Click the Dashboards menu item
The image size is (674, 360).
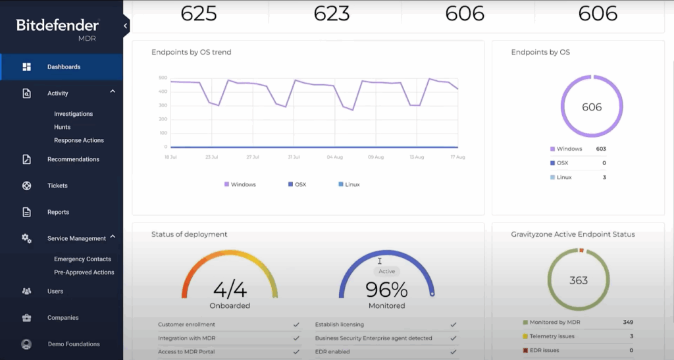pyautogui.click(x=63, y=67)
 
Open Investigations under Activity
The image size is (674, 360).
pyautogui.click(x=73, y=114)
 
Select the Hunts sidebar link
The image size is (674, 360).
pyautogui.click(x=62, y=127)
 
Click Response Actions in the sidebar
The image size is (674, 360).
pyautogui.click(x=79, y=140)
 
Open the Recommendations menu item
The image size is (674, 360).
pyautogui.click(x=73, y=159)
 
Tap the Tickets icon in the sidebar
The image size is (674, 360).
pyautogui.click(x=26, y=186)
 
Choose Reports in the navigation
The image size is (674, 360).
pyautogui.click(x=58, y=212)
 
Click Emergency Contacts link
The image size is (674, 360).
pyautogui.click(x=82, y=259)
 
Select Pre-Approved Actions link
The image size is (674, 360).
pyautogui.click(x=84, y=272)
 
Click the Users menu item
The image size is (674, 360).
pyautogui.click(x=55, y=291)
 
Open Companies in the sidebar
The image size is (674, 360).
pyautogui.click(x=63, y=318)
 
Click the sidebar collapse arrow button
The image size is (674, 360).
pyautogui.click(x=125, y=26)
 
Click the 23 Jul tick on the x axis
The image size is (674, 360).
pyautogui.click(x=211, y=157)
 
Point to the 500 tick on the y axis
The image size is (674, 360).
pyautogui.click(x=163, y=78)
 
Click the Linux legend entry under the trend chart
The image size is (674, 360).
pyautogui.click(x=353, y=184)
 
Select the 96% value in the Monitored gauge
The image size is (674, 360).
pyautogui.click(x=386, y=290)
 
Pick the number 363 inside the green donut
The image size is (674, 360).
pyautogui.click(x=579, y=280)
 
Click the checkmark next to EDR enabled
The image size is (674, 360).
pyautogui.click(x=453, y=351)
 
